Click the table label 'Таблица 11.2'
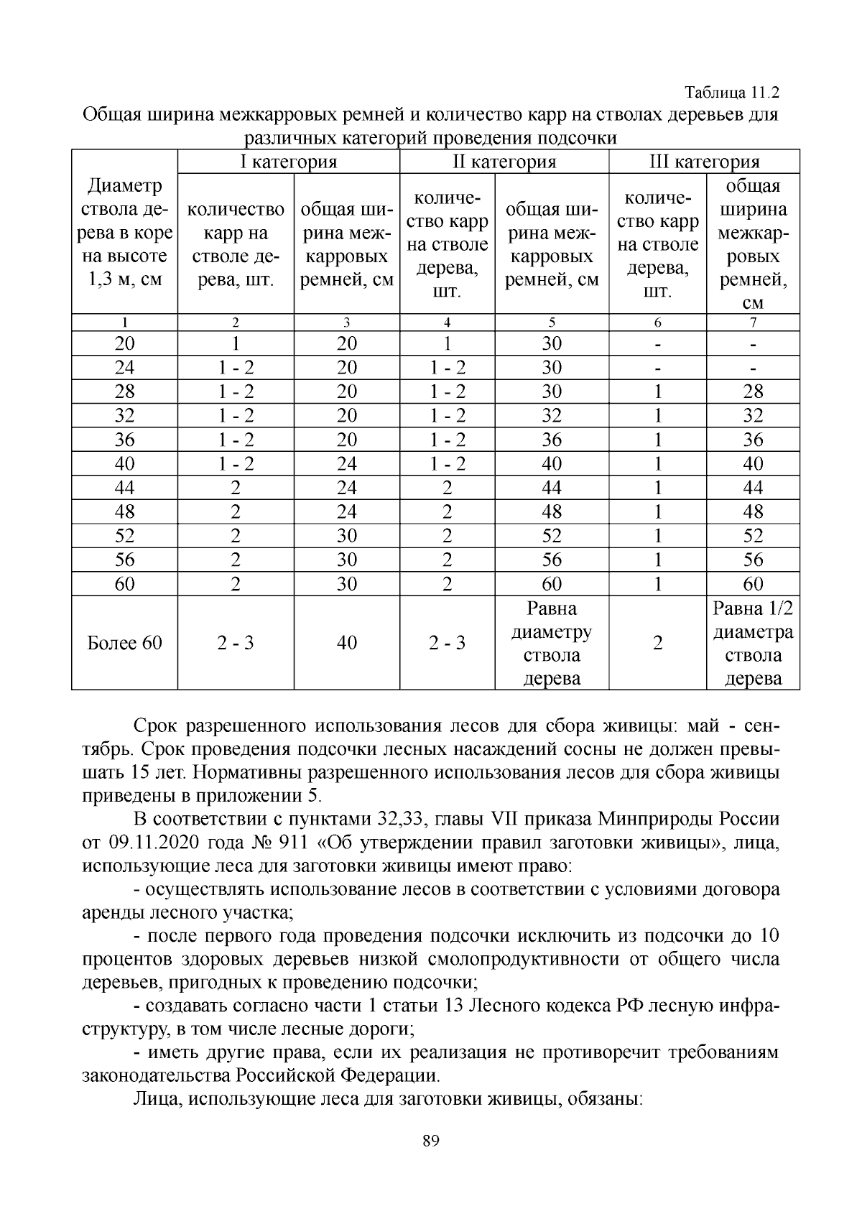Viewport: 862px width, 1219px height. (732, 93)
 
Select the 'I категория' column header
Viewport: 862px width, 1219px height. (288, 162)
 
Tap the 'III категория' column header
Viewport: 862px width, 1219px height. (703, 162)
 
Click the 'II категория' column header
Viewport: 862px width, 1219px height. (504, 162)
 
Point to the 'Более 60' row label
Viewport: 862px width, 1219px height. (124, 643)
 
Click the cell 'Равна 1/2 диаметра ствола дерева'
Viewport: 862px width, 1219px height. (753, 644)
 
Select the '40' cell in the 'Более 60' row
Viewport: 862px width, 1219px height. (346, 643)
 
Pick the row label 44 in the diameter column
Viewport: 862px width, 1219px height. (124, 488)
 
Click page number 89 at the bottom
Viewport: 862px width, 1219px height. (431, 1141)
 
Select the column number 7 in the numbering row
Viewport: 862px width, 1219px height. (753, 323)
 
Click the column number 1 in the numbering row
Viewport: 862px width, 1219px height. (124, 323)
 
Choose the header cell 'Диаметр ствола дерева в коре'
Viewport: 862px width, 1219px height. (124, 232)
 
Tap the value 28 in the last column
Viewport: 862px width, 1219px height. (753, 391)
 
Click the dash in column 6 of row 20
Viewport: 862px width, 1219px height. (657, 343)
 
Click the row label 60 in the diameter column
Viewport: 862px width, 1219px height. (124, 584)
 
